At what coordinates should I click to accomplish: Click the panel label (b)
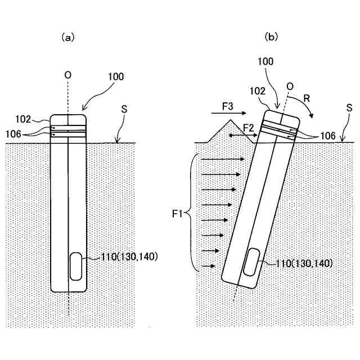271,38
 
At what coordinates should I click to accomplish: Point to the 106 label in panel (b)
326,136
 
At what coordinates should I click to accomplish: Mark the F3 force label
228,106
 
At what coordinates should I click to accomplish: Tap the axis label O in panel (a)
68,74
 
